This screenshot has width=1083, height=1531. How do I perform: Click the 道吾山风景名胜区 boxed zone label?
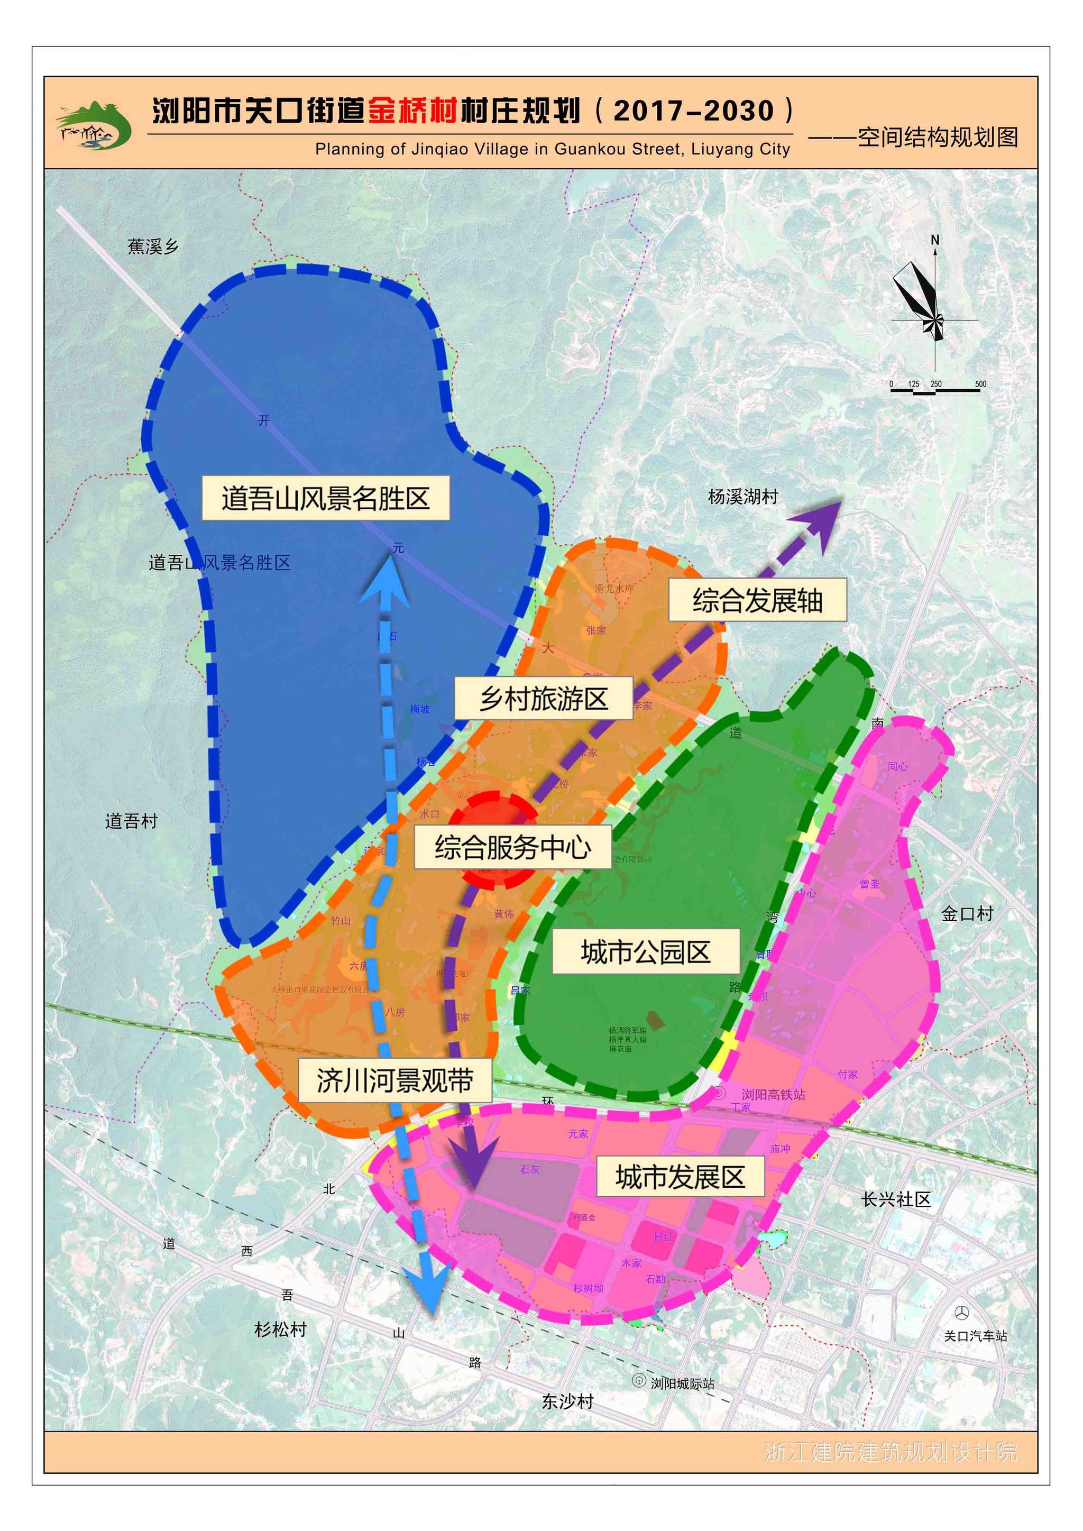(x=325, y=498)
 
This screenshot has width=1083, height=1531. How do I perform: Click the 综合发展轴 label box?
(x=758, y=600)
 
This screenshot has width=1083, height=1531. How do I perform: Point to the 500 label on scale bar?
(x=980, y=384)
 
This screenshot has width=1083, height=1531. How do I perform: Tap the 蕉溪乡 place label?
(x=153, y=247)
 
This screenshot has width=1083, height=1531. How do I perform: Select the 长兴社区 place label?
(x=896, y=1199)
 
